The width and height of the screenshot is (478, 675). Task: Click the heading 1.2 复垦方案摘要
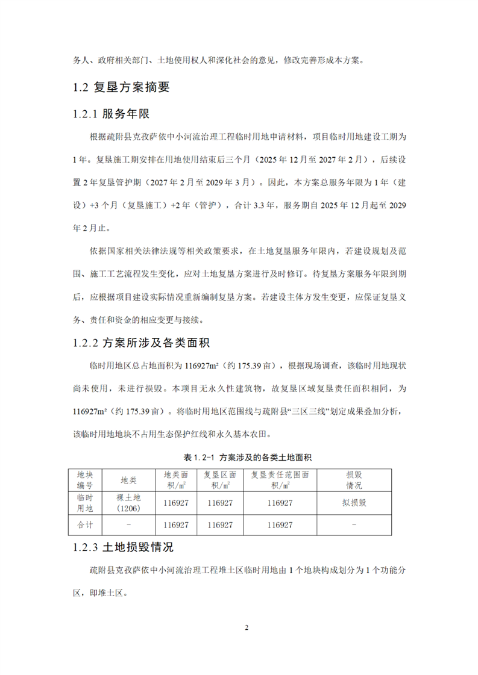coord(121,87)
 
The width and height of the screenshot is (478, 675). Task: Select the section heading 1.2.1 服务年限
coord(111,114)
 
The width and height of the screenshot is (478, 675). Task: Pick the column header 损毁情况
coord(353,479)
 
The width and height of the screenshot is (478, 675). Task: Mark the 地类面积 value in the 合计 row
coord(176,525)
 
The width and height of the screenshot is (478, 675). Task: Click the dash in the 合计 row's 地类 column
coord(128,525)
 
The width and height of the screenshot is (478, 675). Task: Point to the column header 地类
coord(128,479)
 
